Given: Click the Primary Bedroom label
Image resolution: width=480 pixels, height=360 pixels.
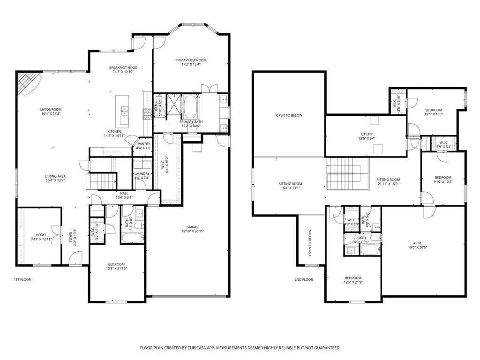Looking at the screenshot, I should [191, 60].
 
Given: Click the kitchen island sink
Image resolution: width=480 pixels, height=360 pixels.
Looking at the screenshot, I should [125, 111].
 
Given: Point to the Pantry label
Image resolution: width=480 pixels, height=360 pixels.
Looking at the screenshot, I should [144, 144].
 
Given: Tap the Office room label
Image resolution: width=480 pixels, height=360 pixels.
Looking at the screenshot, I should [41, 235].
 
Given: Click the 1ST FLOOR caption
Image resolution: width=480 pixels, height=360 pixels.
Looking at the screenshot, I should [22, 279].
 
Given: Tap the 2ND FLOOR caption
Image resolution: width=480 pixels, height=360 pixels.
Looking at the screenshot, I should [304, 279].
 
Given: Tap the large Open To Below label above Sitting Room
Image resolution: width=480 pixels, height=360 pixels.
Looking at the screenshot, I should [289, 115].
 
